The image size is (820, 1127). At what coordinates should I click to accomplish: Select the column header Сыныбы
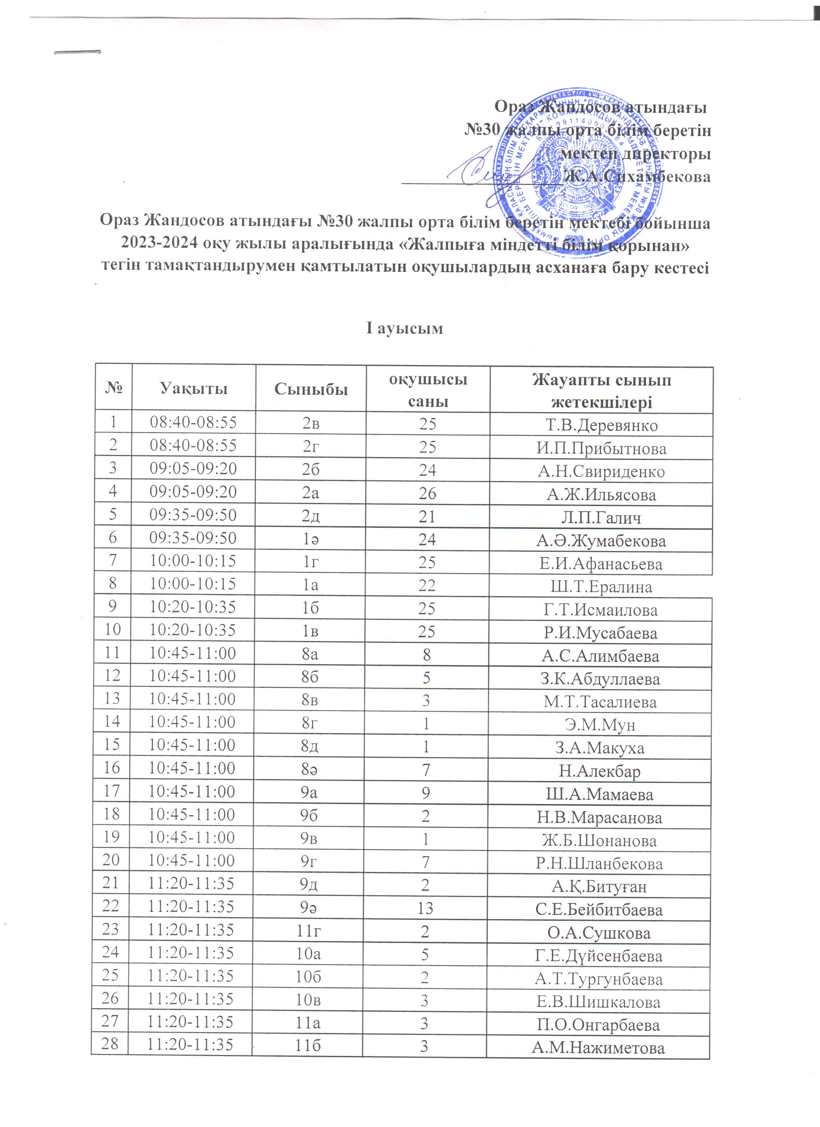point(311,389)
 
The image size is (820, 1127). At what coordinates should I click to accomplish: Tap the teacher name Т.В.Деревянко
point(601,425)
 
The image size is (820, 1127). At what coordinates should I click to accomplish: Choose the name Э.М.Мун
point(600,725)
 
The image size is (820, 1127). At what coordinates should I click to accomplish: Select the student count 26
point(427,493)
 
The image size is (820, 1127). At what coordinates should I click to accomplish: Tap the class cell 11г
point(308,931)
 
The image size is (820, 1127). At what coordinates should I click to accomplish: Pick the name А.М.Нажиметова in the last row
point(598,1048)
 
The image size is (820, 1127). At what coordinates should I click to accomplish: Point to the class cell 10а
point(308,954)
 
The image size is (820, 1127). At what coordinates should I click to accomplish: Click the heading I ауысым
point(404,328)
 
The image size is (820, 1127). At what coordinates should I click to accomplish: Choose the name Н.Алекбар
point(600,771)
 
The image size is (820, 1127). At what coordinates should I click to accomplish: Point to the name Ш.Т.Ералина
point(601,587)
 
